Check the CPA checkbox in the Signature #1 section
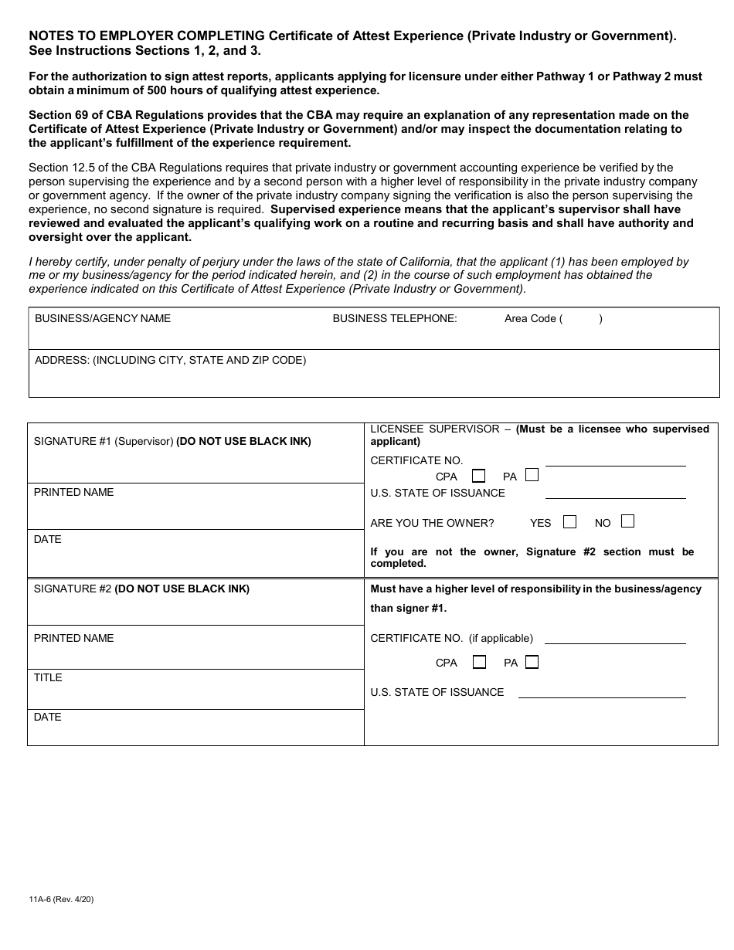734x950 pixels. [479, 476]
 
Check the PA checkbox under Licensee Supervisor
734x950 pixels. [532, 475]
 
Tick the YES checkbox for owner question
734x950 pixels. [570, 522]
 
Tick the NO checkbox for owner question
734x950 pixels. [627, 521]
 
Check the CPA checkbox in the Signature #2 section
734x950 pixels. [479, 662]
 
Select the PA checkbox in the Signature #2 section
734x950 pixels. [532, 662]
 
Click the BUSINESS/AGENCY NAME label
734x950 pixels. [103, 318]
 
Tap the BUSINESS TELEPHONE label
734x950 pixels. [395, 318]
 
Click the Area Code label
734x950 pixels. [530, 318]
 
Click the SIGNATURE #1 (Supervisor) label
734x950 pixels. [104, 442]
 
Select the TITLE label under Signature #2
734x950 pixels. [48, 677]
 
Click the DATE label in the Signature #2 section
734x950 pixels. [48, 717]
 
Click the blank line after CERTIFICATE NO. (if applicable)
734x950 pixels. [615, 639]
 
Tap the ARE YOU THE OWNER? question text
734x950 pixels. [432, 523]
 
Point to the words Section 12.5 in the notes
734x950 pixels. [63, 168]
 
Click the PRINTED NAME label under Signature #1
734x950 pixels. [73, 492]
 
